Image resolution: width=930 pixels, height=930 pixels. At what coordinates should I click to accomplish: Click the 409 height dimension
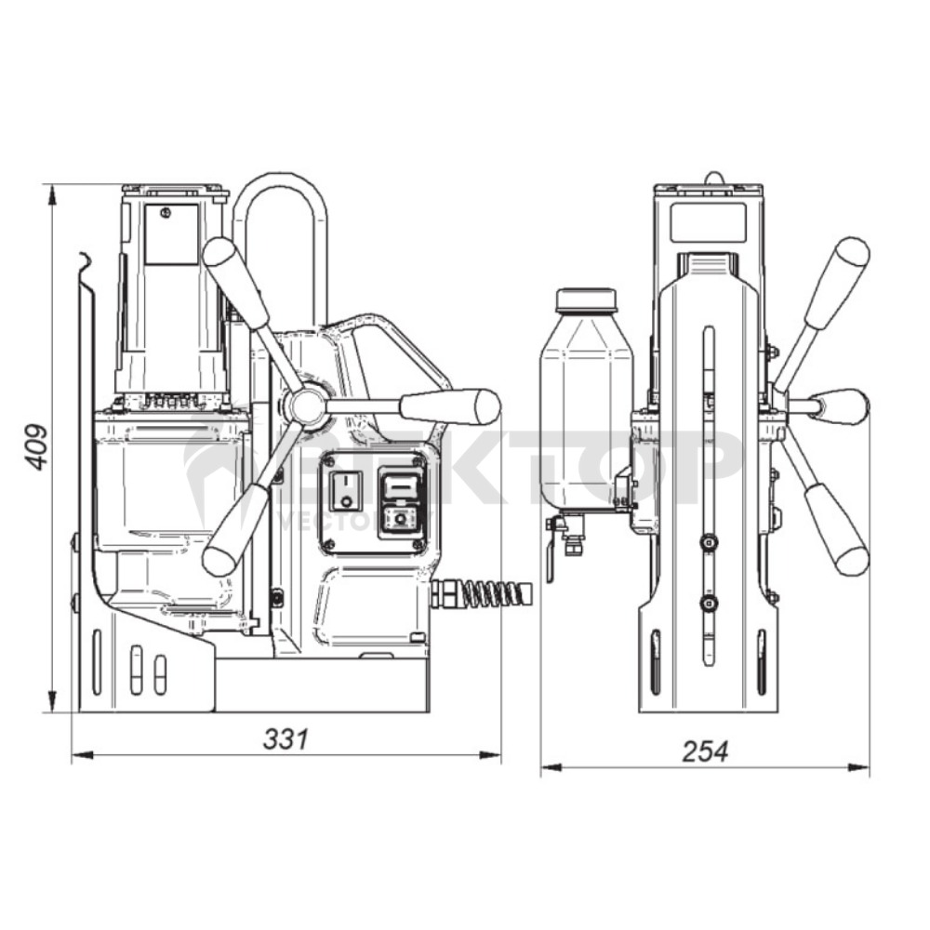[x=35, y=447]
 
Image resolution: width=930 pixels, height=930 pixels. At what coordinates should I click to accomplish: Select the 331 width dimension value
[x=285, y=739]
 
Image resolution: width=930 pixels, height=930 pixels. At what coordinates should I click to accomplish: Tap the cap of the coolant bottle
[x=586, y=299]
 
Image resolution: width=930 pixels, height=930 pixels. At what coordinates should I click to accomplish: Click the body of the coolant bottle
[x=587, y=409]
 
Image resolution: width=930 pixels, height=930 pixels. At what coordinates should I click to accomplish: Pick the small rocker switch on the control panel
[x=346, y=489]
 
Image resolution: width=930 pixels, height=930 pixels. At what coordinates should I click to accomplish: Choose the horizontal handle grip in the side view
[x=450, y=406]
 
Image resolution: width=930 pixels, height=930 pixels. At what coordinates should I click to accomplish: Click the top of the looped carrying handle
[x=279, y=179]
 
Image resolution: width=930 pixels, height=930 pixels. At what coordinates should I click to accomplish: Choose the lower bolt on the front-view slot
[x=710, y=604]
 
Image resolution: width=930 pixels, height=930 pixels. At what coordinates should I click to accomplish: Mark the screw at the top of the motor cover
[x=165, y=213]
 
